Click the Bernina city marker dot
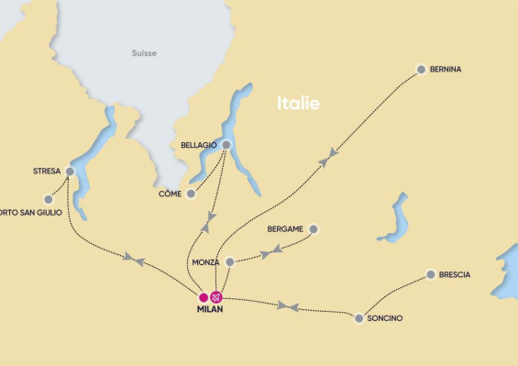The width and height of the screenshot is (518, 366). (x=421, y=69)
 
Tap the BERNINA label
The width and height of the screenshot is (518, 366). (x=446, y=69)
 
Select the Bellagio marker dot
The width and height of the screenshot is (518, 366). (x=226, y=144)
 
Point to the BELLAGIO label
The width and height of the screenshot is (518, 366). (x=196, y=145)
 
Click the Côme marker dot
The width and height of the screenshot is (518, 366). (x=191, y=194)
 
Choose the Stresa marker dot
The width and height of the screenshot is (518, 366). (x=70, y=171)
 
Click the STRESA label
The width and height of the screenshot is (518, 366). (x=46, y=171)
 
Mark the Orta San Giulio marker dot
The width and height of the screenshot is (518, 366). (x=49, y=198)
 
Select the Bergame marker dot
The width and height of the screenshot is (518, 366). (x=314, y=228)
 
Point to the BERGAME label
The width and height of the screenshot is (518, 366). (x=284, y=228)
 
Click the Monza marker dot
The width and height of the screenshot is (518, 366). (x=230, y=261)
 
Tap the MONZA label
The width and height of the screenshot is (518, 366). (x=206, y=262)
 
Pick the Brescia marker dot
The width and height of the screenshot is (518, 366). (x=430, y=273)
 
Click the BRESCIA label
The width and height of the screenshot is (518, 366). (x=455, y=274)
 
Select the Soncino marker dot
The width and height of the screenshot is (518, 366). (x=358, y=318)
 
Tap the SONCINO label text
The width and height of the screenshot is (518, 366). (x=384, y=318)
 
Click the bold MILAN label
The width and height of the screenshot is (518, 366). (x=210, y=309)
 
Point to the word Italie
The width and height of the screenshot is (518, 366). (x=299, y=104)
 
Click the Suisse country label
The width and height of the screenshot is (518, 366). (x=143, y=53)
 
